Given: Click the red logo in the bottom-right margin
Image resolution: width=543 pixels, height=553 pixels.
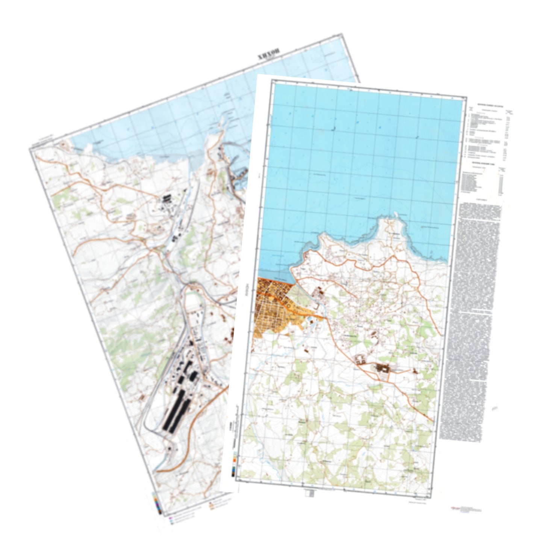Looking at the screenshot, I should (453, 508).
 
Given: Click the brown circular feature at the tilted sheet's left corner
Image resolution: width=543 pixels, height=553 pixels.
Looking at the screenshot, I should (63, 144).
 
